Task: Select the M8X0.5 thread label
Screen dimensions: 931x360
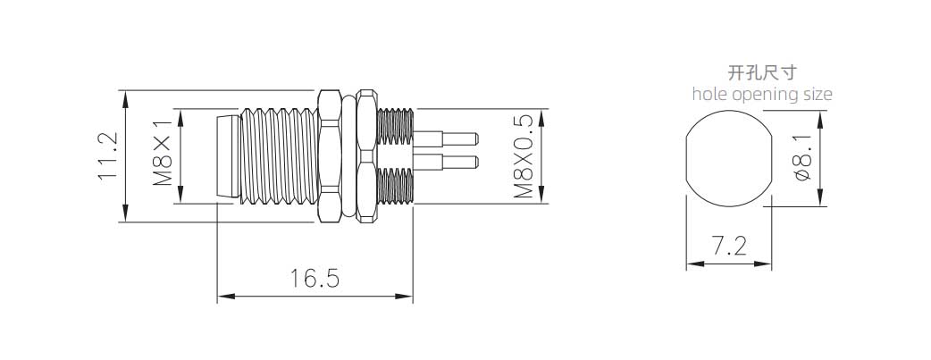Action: point(523,157)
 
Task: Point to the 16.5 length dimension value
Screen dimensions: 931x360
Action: point(315,278)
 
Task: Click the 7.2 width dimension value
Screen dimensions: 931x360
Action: point(730,246)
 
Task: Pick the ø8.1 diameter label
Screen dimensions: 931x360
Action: point(801,157)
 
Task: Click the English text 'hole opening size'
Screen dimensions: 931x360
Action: point(762,94)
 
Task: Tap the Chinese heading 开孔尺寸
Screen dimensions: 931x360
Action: point(762,73)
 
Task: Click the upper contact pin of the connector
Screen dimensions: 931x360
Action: point(446,139)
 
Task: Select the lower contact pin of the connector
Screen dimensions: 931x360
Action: point(446,161)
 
